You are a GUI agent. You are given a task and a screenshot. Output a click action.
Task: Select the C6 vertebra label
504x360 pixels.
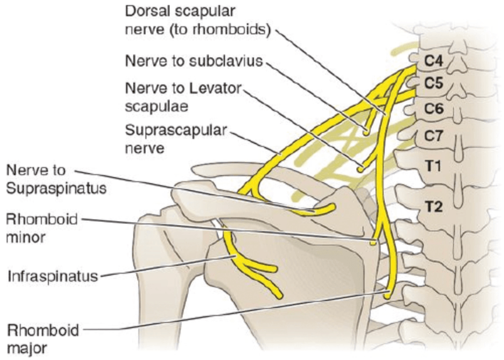click(x=434, y=108)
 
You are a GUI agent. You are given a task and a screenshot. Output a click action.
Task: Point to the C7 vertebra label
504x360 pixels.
click(x=434, y=134)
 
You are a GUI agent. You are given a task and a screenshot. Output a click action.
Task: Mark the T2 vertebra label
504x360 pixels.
click(x=434, y=206)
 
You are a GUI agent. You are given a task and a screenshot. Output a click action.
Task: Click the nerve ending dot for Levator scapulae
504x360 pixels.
click(x=360, y=168)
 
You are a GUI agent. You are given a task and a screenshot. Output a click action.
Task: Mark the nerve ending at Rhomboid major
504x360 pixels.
click(x=387, y=294)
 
